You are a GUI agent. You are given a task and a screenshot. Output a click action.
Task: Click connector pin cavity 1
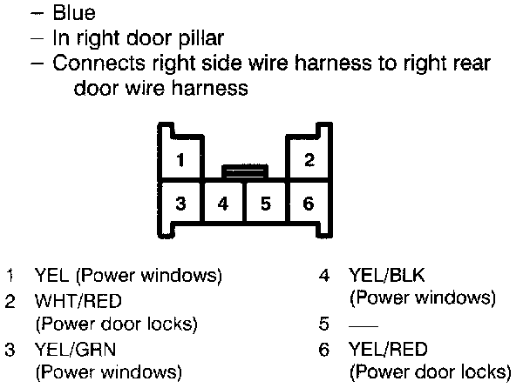179,160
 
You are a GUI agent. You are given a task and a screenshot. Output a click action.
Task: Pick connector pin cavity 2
309,160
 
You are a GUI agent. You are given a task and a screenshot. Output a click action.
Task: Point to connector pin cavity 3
180,204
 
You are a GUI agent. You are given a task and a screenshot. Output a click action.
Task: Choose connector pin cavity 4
223,204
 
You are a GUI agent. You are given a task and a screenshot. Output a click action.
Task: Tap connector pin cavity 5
266,204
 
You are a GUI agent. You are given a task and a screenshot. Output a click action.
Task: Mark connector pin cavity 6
309,204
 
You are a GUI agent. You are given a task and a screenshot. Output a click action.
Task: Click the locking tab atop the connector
245,171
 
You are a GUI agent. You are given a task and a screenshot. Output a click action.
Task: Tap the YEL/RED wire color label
388,350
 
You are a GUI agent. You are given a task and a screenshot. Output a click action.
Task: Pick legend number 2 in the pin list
10,302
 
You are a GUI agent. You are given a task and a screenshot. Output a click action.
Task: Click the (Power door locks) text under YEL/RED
429,373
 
